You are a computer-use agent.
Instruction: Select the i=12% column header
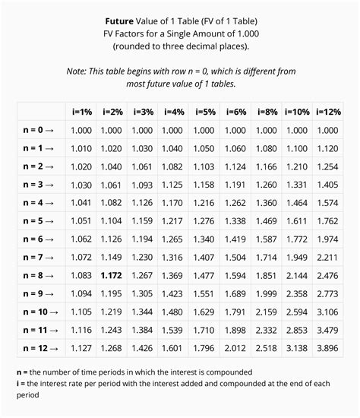[x=328, y=112]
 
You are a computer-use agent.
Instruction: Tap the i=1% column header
[x=81, y=112]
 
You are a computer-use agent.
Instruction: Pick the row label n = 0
[x=38, y=130]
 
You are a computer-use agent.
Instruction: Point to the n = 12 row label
[x=38, y=348]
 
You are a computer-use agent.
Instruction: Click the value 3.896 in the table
[x=328, y=348]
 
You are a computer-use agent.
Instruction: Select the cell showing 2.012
[x=235, y=348]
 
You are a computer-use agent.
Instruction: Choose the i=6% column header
[x=235, y=112]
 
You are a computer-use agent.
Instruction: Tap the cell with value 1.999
[x=266, y=293]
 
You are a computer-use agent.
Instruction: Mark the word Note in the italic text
[x=79, y=71]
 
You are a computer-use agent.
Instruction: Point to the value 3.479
[x=328, y=330]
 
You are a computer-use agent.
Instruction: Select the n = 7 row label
[x=38, y=257]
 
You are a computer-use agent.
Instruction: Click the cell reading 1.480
[x=172, y=312]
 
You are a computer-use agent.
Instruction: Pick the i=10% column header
[x=297, y=112]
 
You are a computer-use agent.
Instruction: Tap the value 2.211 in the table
[x=328, y=257]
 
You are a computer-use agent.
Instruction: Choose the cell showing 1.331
[x=297, y=185]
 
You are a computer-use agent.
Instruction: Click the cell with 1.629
[x=204, y=312]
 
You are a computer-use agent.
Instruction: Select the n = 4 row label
[x=38, y=203]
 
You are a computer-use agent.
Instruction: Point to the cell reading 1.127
[x=81, y=348]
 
